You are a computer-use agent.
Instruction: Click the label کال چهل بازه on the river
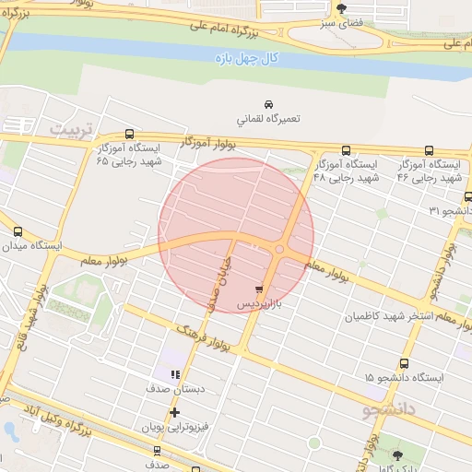pyautogui.click(x=245, y=58)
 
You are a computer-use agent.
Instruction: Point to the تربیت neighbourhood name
pyautogui.click(x=71, y=129)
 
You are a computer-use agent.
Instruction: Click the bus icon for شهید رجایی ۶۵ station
pyautogui.click(x=128, y=134)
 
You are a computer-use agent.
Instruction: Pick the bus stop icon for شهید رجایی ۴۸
pyautogui.click(x=346, y=149)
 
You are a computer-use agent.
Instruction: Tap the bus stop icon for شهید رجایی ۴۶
pyautogui.click(x=429, y=149)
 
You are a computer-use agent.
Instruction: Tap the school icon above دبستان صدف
pyautogui.click(x=176, y=373)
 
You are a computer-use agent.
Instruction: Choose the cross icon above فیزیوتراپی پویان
pyautogui.click(x=174, y=412)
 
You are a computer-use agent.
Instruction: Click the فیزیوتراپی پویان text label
pyautogui.click(x=175, y=429)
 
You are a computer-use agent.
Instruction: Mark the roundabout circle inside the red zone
pyautogui.click(x=280, y=249)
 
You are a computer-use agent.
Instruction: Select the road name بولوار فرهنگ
pyautogui.click(x=205, y=336)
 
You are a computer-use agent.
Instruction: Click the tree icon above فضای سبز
pyautogui.click(x=342, y=8)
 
